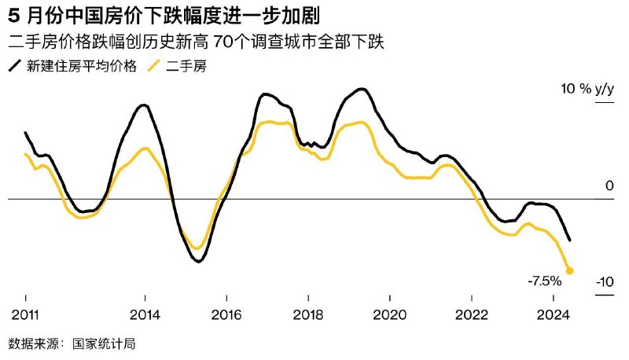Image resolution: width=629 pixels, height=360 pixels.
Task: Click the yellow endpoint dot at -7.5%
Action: tap(570, 270)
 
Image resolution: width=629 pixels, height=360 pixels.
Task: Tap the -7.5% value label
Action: tap(544, 281)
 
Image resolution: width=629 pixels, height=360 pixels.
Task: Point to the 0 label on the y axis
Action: tap(609, 186)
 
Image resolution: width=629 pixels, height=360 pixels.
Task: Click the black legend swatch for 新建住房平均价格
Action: tap(15, 66)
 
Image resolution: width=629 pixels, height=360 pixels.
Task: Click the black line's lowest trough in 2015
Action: tap(197, 261)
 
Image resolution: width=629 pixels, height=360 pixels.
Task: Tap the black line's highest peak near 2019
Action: tap(362, 90)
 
